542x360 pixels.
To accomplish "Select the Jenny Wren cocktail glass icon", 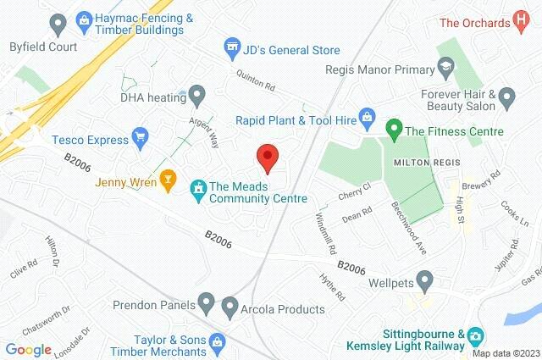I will (x=168, y=180).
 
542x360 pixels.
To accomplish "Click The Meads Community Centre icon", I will (x=197, y=187).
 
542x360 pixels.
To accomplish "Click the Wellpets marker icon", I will (x=425, y=279).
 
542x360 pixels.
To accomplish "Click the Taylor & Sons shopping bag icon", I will (x=218, y=341).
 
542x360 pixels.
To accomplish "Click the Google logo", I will (x=29, y=349).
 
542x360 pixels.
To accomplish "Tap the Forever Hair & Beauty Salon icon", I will (x=507, y=95).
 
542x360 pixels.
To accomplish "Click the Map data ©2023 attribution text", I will (x=506, y=353).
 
